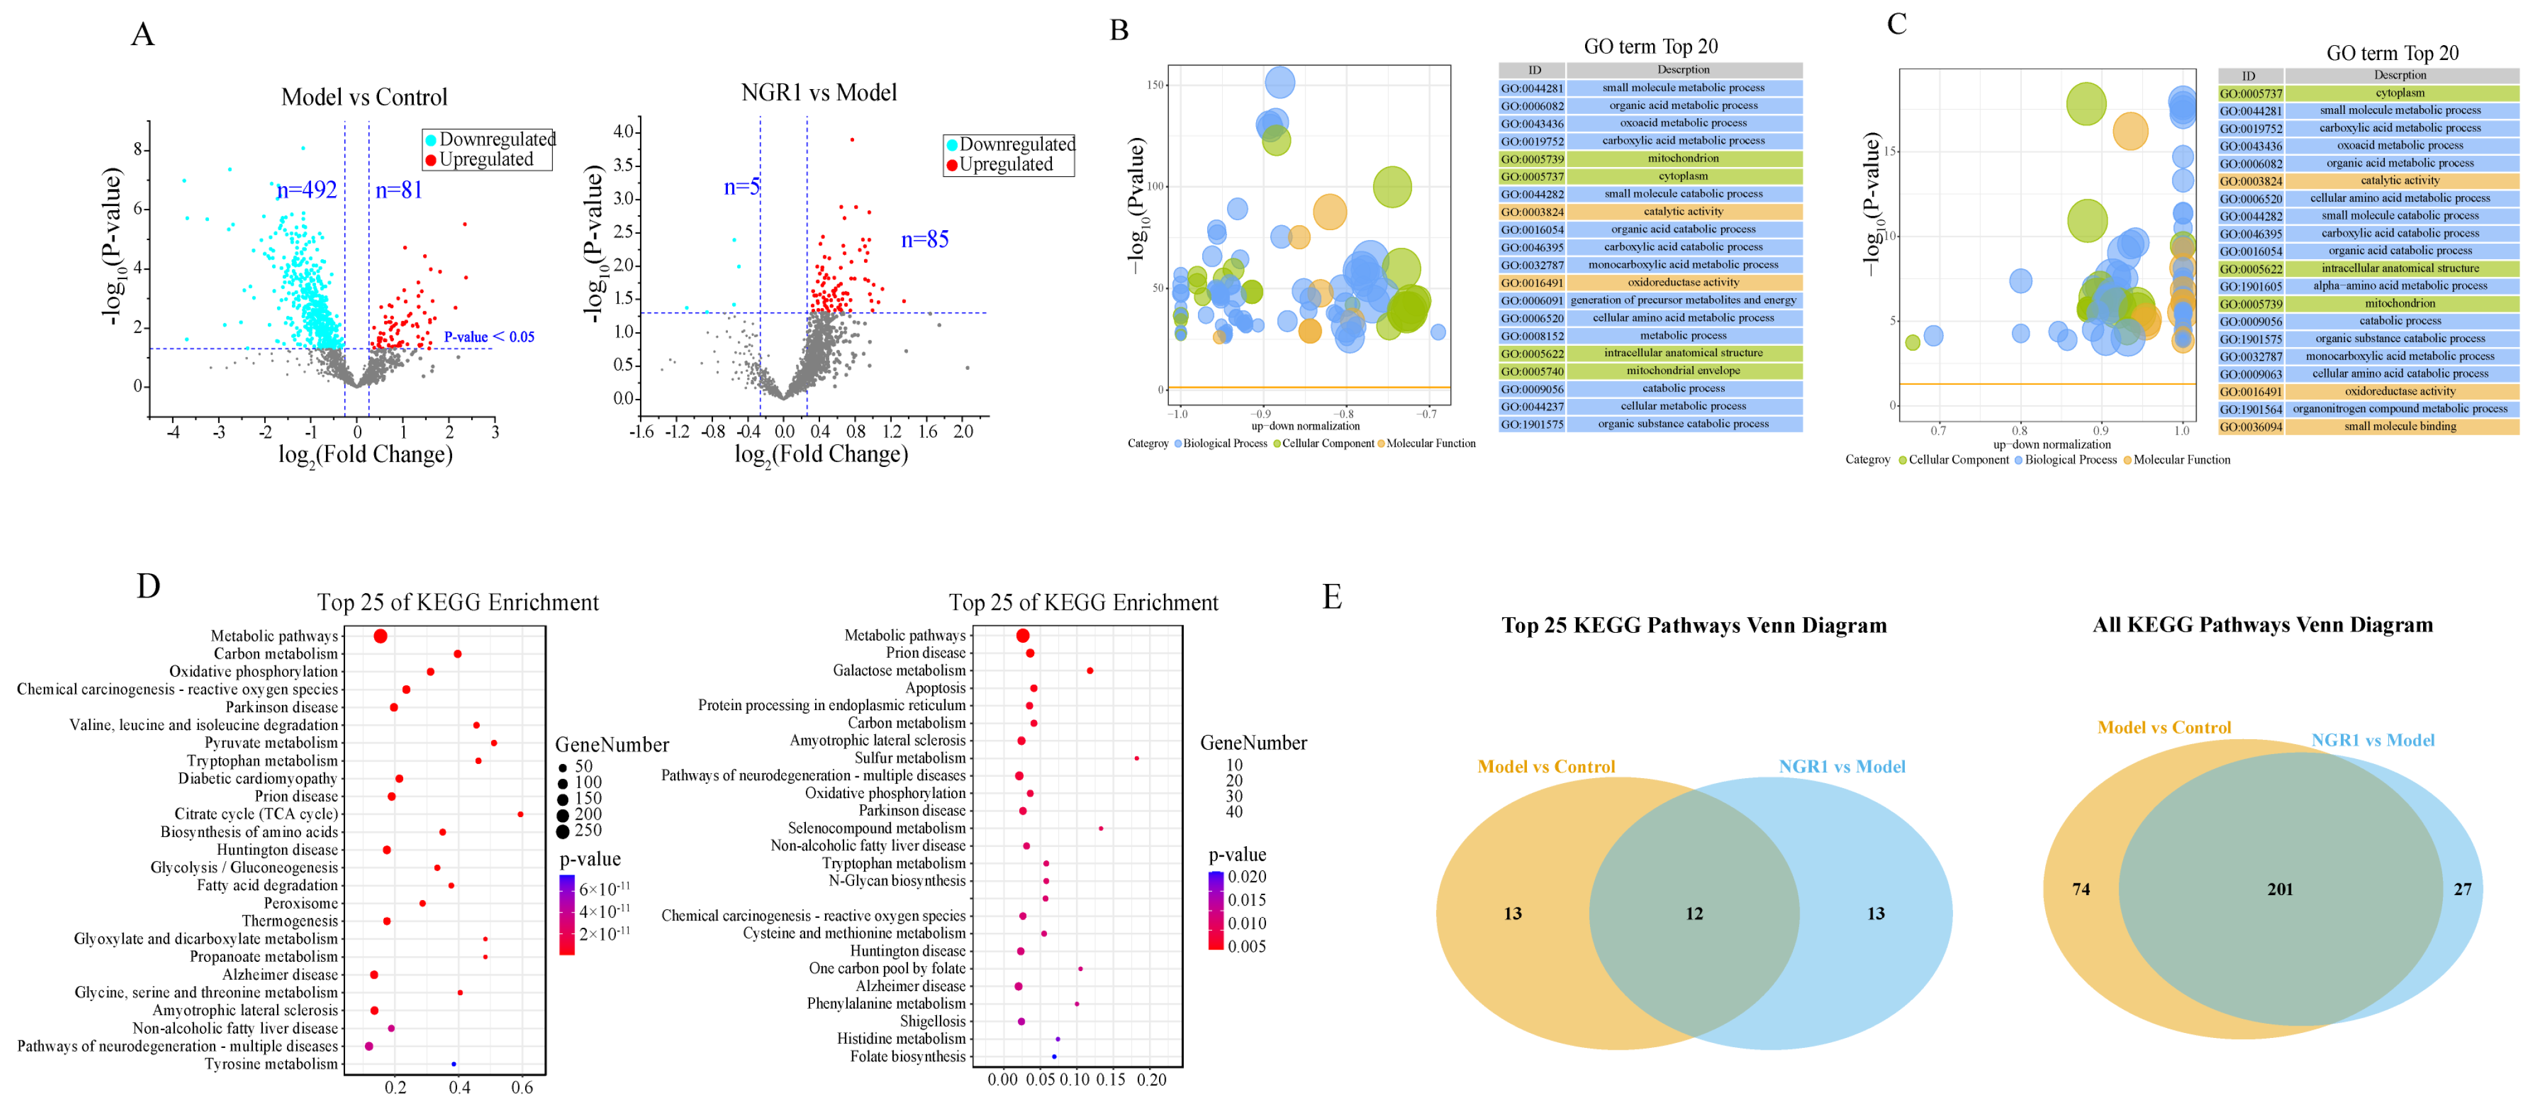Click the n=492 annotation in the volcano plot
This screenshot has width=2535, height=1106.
click(307, 190)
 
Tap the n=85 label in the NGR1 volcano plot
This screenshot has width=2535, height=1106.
click(925, 239)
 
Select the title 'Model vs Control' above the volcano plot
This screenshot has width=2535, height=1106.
click(364, 97)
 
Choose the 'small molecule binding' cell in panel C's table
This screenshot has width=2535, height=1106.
click(2400, 427)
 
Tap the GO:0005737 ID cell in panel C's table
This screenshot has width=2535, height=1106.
click(2251, 93)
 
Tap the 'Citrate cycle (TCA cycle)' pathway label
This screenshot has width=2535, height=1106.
click(256, 815)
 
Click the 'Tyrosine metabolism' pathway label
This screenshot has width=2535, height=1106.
click(271, 1065)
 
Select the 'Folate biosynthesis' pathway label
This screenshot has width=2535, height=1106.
click(907, 1057)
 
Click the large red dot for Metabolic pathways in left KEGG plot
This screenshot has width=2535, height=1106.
click(380, 637)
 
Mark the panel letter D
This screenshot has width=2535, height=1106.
click(148, 586)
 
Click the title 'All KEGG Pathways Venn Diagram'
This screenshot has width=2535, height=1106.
click(2262, 625)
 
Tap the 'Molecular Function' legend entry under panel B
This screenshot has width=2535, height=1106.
click(1431, 444)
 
